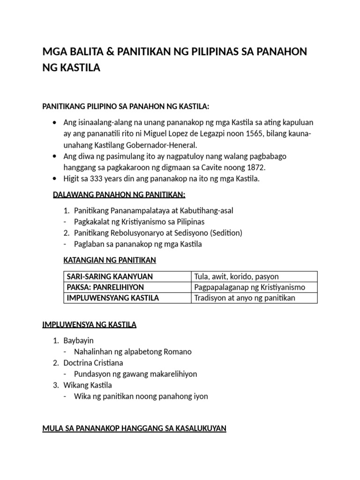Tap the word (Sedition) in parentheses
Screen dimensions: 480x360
pos(226,233)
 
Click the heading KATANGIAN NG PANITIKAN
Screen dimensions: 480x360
pos(109,260)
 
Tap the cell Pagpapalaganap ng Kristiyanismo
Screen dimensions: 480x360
pos(249,287)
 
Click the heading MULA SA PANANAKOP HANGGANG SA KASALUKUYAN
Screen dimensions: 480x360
pos(134,428)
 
